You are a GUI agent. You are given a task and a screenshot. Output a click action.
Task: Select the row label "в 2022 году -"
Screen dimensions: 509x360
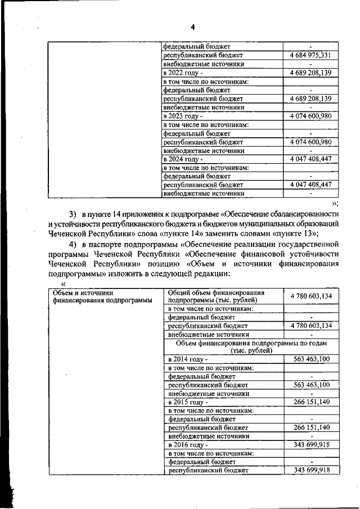(x=183, y=73)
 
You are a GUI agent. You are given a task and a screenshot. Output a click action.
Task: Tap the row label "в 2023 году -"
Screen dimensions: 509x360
(x=183, y=116)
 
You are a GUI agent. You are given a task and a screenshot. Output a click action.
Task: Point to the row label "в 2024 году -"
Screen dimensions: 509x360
(x=183, y=159)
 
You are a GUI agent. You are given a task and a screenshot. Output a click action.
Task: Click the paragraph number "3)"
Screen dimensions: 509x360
(x=72, y=214)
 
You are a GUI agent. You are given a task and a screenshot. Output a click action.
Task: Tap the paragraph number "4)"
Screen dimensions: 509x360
(x=72, y=244)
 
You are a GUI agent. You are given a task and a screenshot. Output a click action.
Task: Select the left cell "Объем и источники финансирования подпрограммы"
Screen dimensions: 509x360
(x=102, y=296)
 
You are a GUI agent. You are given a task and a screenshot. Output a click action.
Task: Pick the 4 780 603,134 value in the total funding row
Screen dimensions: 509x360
(x=311, y=296)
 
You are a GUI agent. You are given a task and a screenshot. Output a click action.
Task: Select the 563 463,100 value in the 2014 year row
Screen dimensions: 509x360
(x=311, y=359)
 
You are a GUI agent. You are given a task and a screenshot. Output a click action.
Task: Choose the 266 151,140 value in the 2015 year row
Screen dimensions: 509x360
(x=311, y=402)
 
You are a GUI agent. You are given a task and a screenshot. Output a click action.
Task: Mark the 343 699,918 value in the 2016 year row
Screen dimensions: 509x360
(x=311, y=445)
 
